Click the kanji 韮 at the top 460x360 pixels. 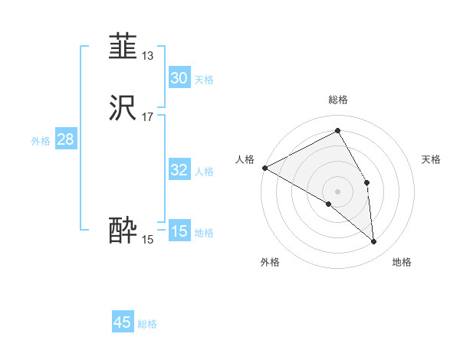[123, 47]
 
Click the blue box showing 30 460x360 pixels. [179, 78]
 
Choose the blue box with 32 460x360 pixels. [179, 170]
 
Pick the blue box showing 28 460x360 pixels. [65, 139]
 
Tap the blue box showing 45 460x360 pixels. [123, 322]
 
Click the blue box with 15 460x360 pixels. [179, 231]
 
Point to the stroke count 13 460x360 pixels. [147, 55]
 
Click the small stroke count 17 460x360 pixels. [147, 116]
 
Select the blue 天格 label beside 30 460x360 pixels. [204, 80]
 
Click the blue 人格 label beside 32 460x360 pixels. [204, 172]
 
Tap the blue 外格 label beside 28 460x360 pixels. [41, 141]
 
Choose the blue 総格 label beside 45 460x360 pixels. [147, 324]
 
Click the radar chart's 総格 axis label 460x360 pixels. [338, 100]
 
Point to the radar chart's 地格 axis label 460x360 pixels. [402, 262]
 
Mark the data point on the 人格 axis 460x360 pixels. [264, 168]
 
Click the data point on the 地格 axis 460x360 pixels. [373, 241]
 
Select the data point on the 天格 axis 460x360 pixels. [367, 182]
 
